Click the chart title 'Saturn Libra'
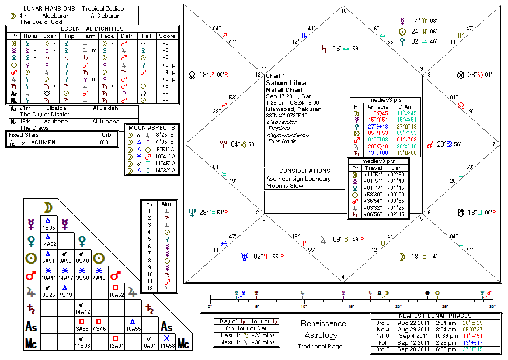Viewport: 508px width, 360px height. tap(284, 83)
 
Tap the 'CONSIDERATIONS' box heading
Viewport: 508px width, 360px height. tap(305, 171)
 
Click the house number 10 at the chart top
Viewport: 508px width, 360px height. tap(343, 11)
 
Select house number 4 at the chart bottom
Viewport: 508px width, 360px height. tap(343, 276)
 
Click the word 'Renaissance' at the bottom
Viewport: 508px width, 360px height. tap(323, 324)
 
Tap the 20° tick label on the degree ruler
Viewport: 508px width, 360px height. tap(398, 306)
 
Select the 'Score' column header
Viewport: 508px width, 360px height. tap(166, 36)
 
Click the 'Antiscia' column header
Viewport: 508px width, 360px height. tap(374, 106)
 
